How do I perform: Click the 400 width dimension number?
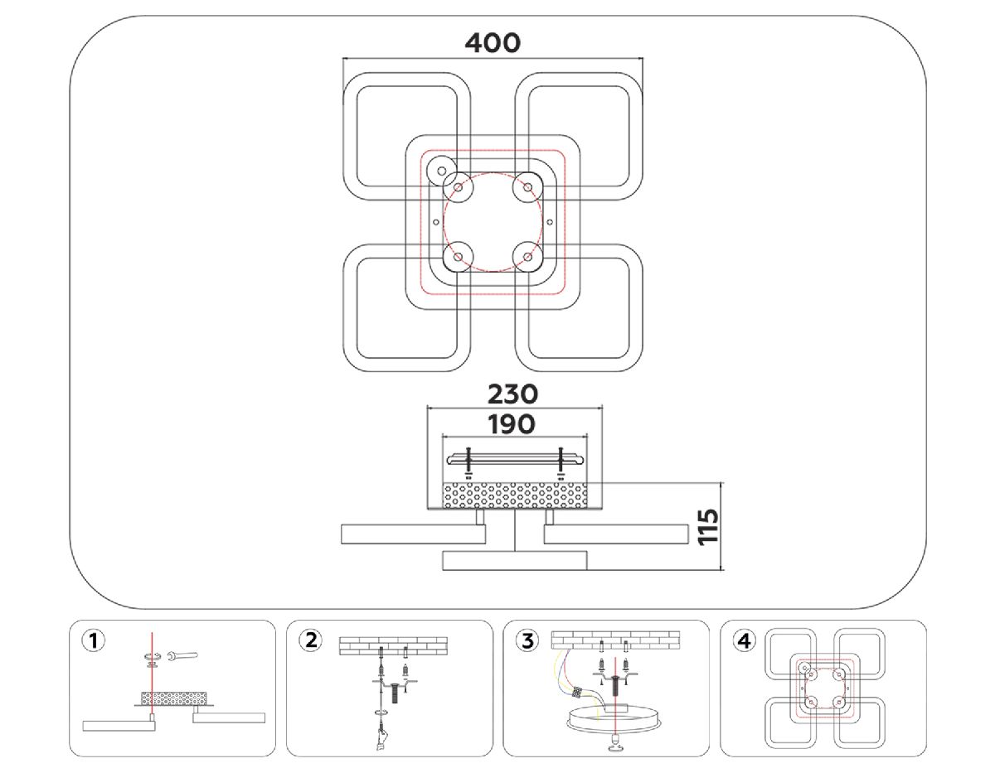pyautogui.click(x=493, y=42)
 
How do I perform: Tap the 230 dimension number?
pyautogui.click(x=512, y=393)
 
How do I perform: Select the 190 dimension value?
pyautogui.click(x=512, y=424)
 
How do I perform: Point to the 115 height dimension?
pyautogui.click(x=707, y=527)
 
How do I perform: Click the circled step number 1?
pyautogui.click(x=94, y=640)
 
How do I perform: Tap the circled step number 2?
pyautogui.click(x=311, y=640)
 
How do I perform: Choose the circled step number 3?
pyautogui.click(x=527, y=640)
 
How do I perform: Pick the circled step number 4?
pyautogui.click(x=745, y=640)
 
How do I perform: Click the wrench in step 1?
pyautogui.click(x=182, y=657)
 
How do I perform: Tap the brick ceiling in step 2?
pyautogui.click(x=393, y=645)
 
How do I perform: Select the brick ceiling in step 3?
pyautogui.click(x=615, y=639)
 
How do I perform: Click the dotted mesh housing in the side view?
pyautogui.click(x=514, y=496)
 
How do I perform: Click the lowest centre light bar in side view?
pyautogui.click(x=515, y=561)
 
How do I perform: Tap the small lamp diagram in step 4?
pyautogui.click(x=822, y=687)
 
